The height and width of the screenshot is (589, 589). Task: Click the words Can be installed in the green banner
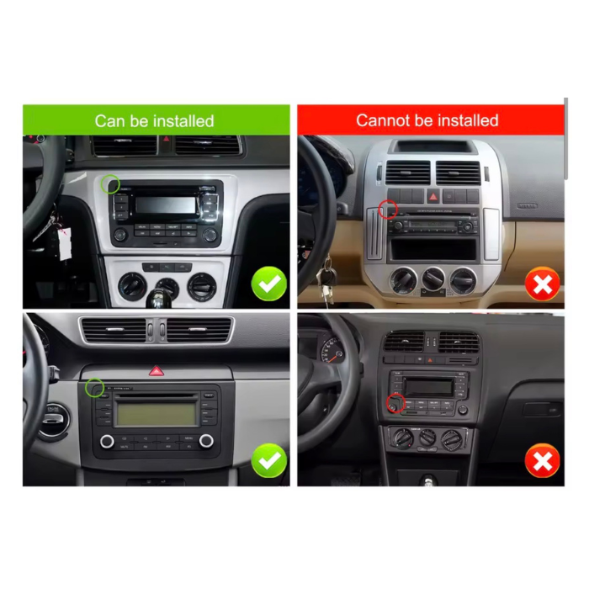pos(154,121)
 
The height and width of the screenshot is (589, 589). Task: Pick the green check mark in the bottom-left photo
pos(269,461)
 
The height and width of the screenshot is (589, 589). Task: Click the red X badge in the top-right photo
pos(543,285)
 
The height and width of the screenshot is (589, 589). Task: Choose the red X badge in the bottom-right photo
pos(543,461)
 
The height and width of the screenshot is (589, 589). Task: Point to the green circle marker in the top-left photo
pos(110,183)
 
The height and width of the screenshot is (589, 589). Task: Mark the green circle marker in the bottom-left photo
pos(95,388)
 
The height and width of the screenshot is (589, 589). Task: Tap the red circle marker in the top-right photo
pos(388,209)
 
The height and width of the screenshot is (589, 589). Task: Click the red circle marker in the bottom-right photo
pos(395,405)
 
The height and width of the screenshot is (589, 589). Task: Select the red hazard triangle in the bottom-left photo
pos(156,370)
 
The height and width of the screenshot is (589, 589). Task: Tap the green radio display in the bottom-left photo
pos(157,413)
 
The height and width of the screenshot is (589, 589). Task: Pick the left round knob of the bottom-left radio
pos(107,441)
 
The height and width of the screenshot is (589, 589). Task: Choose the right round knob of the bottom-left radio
pos(206,441)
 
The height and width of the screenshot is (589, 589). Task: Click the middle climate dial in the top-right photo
pos(433,279)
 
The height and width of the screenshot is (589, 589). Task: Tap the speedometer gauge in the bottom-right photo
pos(331,348)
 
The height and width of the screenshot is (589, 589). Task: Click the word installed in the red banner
pos(466,120)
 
